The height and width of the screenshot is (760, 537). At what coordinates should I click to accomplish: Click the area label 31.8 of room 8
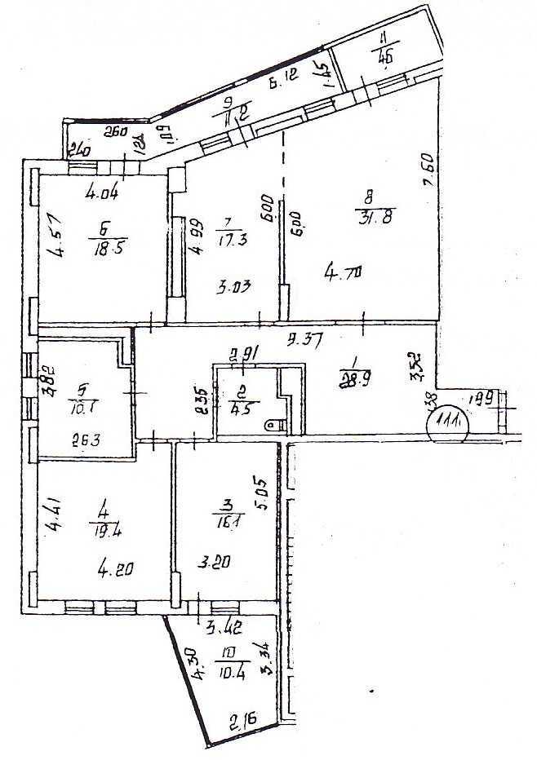click(371, 217)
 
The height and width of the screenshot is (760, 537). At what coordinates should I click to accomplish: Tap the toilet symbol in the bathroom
click(276, 425)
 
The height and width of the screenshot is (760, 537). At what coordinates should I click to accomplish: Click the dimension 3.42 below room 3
click(223, 628)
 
